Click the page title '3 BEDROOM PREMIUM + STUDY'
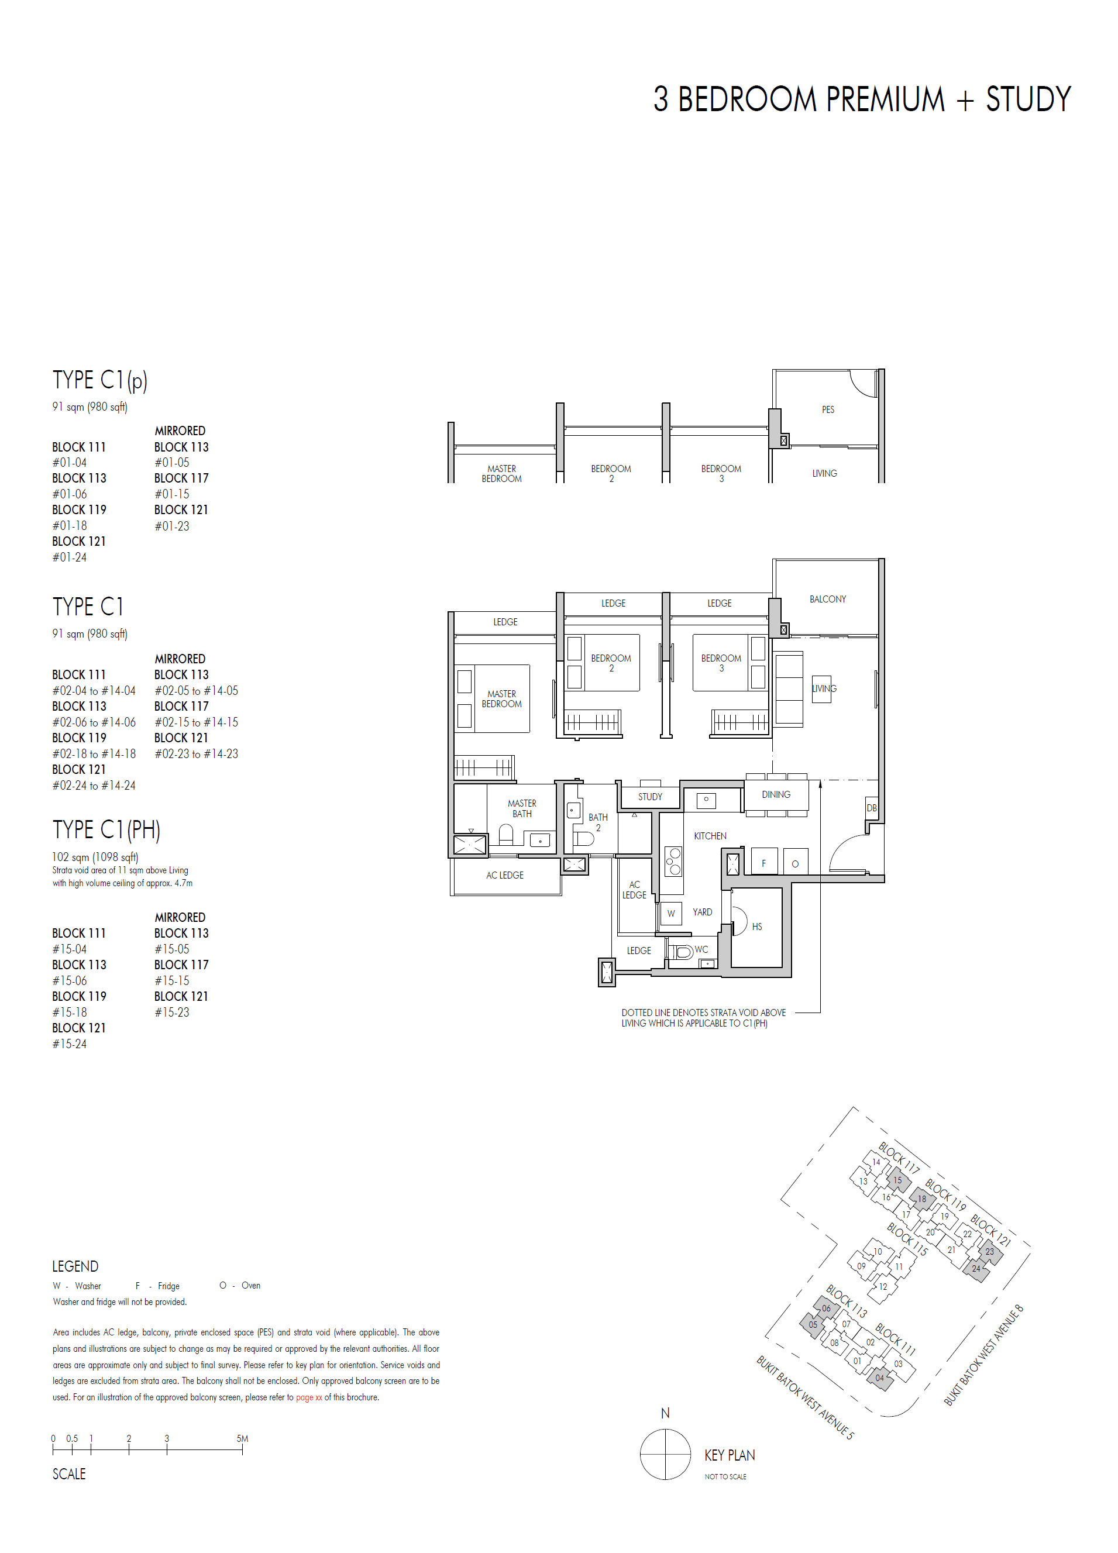[861, 99]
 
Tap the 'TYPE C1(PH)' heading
[106, 829]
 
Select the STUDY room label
[649, 796]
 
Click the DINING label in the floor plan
[776, 794]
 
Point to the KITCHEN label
[710, 836]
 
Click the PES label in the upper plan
[828, 409]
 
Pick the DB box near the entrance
[871, 808]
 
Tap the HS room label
[756, 927]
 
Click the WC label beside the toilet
[701, 950]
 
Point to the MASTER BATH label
[522, 808]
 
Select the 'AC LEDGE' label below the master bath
[505, 875]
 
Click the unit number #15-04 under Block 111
[70, 949]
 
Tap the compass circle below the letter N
[665, 1454]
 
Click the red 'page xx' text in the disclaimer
[309, 1397]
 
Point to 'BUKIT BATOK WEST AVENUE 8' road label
[983, 1355]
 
